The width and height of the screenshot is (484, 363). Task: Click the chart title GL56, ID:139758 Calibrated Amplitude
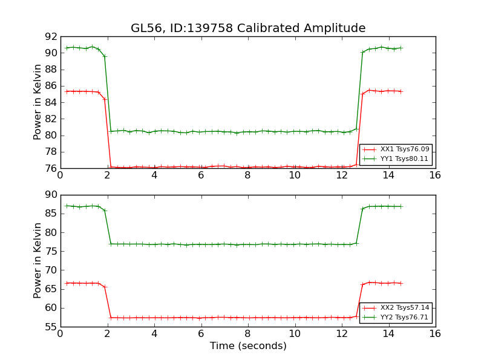click(248, 28)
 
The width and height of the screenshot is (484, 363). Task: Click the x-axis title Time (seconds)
click(248, 346)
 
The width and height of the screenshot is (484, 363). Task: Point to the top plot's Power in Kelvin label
click(38, 102)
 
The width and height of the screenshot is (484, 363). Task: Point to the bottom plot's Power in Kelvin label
click(38, 261)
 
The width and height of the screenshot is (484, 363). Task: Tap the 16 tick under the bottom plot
click(435, 334)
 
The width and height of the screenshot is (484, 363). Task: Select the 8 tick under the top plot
click(247, 175)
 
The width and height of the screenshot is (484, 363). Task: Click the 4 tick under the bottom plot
click(154, 334)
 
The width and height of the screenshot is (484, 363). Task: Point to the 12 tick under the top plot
click(341, 175)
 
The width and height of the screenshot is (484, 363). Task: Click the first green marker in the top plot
click(67, 48)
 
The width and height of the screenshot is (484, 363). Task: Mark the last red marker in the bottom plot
click(401, 283)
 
